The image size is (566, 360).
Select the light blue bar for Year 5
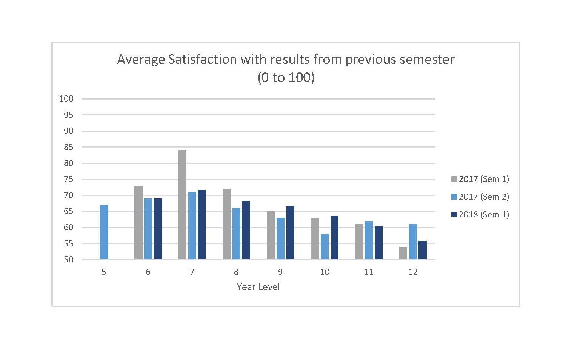point(104,232)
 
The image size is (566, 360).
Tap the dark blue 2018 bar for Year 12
point(423,250)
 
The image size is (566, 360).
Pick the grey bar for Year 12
point(403,253)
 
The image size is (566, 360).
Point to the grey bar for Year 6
point(138,222)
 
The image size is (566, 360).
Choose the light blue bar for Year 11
point(369,240)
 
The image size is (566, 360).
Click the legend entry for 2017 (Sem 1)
point(480,179)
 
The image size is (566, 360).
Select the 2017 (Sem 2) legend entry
point(480,197)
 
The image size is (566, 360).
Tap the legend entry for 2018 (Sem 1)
point(480,214)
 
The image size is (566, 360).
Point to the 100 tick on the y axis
point(66,99)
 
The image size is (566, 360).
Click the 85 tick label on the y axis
point(68,147)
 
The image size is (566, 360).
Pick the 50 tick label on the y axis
point(68,260)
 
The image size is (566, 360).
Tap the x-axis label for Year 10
point(325,272)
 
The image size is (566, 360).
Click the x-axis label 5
point(104,272)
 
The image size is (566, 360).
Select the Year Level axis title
point(258,287)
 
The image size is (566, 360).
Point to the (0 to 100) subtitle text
point(286,77)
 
